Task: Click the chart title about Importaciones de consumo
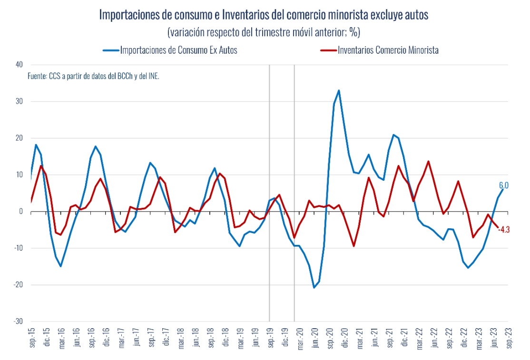[x=264, y=15]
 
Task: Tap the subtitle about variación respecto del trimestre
[x=264, y=32]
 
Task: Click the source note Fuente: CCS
[x=93, y=76]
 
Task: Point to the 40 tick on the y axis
[x=20, y=65]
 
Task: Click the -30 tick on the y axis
[x=19, y=321]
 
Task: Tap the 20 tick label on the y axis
[x=20, y=138]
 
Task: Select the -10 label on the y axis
[x=19, y=248]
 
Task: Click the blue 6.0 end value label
[x=504, y=185]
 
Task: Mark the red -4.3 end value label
[x=504, y=230]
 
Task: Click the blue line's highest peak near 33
[x=339, y=90]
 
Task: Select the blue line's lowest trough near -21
[x=314, y=288]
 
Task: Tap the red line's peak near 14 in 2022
[x=429, y=161]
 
